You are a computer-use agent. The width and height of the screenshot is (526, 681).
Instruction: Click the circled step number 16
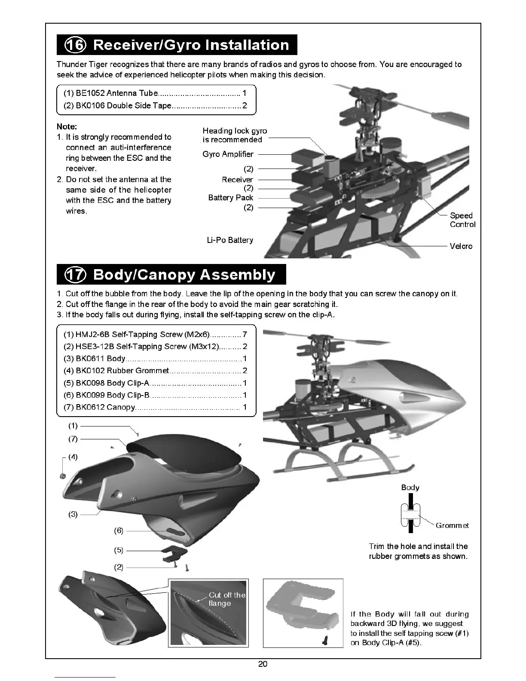pos(75,45)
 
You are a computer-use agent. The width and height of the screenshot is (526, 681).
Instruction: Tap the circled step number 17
pos(75,275)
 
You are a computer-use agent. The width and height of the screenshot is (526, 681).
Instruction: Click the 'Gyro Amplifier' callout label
pos(228,154)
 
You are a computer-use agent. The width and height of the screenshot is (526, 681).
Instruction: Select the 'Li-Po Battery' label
pos(230,240)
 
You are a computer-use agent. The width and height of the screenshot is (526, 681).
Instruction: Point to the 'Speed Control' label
pos(462,220)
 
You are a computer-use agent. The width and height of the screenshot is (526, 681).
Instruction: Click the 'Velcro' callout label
pos(461,246)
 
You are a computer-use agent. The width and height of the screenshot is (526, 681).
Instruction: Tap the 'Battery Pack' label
pos(230,198)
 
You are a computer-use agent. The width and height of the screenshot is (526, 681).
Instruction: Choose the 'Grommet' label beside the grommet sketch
pos(452,525)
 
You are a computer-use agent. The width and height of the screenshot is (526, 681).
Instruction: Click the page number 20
pos(263,664)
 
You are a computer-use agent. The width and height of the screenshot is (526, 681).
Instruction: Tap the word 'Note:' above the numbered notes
pos(67,126)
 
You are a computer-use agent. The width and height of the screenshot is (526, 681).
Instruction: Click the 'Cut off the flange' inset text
pos(226,599)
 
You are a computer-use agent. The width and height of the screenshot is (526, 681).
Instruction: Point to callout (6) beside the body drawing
pos(119,531)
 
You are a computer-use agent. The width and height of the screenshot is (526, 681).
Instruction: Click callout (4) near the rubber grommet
pos(73,457)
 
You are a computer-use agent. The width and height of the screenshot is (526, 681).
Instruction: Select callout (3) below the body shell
pos(73,514)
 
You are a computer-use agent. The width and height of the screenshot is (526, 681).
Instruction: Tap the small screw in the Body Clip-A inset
pos(325,641)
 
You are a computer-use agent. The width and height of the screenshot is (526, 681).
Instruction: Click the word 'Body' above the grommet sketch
pos(410,487)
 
